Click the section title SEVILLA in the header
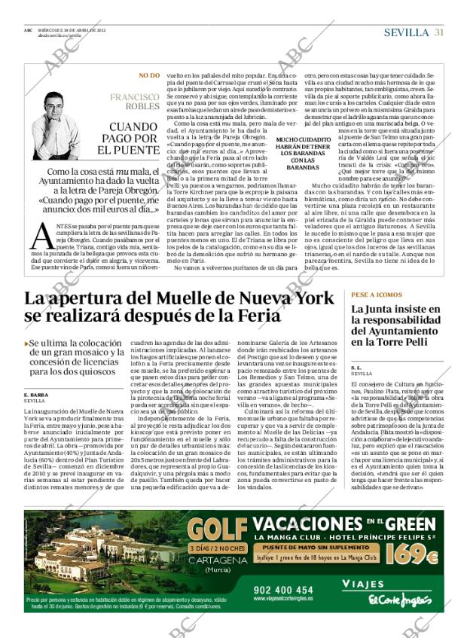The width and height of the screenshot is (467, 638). coord(407,32)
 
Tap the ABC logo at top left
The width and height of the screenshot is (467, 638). coord(27,29)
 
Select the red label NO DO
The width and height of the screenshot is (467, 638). coord(149,76)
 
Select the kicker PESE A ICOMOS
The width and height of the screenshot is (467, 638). coord(377,295)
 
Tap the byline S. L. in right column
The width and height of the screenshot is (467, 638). coord(356,367)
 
